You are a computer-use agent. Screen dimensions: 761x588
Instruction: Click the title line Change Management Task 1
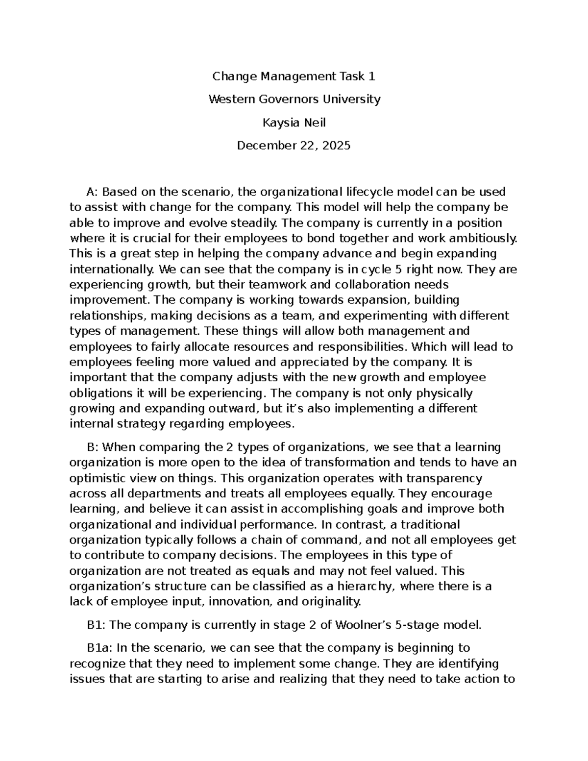point(294,76)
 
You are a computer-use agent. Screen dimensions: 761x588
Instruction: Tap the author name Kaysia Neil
point(294,123)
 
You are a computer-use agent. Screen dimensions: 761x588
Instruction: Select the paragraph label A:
point(92,192)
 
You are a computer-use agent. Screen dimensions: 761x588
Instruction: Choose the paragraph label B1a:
point(100,648)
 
